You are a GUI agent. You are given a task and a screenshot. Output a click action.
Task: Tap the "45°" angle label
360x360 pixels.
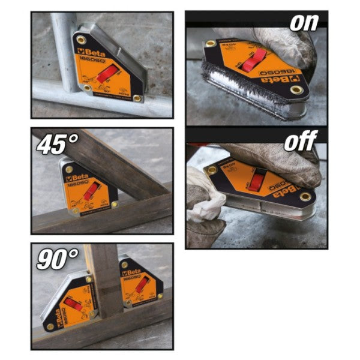(x=57, y=145)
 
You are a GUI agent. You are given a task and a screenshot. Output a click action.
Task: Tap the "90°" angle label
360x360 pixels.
(x=58, y=259)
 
